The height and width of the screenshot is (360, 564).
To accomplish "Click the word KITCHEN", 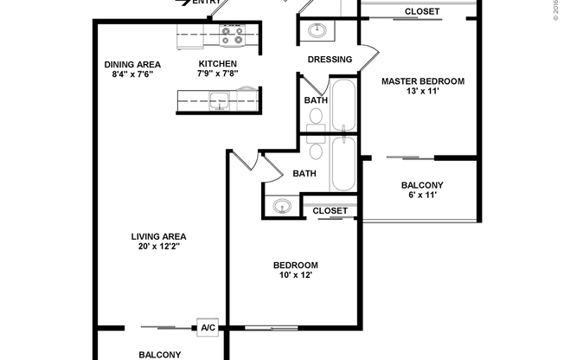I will tap(218, 64).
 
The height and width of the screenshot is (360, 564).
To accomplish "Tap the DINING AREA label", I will tap(132, 64).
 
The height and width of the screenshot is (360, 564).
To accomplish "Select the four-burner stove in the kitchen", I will tap(231, 37).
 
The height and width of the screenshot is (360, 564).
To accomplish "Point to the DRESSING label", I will tap(330, 60).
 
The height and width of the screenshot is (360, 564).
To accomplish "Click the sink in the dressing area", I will tap(317, 31).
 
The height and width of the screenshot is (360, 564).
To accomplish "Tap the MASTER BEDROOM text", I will tap(423, 81).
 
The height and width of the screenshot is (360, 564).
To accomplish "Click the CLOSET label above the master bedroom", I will tap(422, 11).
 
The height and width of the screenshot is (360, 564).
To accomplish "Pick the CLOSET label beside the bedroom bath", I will tap(330, 210).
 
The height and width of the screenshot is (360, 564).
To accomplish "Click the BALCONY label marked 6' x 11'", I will tap(422, 185).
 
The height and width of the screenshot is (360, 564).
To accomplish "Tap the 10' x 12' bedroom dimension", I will tap(296, 275).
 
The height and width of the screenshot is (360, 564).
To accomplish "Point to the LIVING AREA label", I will tap(159, 236).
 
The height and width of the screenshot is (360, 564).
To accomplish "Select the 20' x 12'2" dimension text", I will tap(159, 247).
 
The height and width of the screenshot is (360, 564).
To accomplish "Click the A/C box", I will tap(208, 328).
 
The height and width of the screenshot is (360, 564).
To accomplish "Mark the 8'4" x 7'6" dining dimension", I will tap(132, 74).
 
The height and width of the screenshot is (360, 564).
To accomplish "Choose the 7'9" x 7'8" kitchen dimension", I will tap(218, 74).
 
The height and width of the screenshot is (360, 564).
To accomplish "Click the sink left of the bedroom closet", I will tap(282, 207).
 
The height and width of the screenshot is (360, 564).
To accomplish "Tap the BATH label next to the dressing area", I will tap(315, 100).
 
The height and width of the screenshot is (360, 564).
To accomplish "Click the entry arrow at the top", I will tap(183, 3).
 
